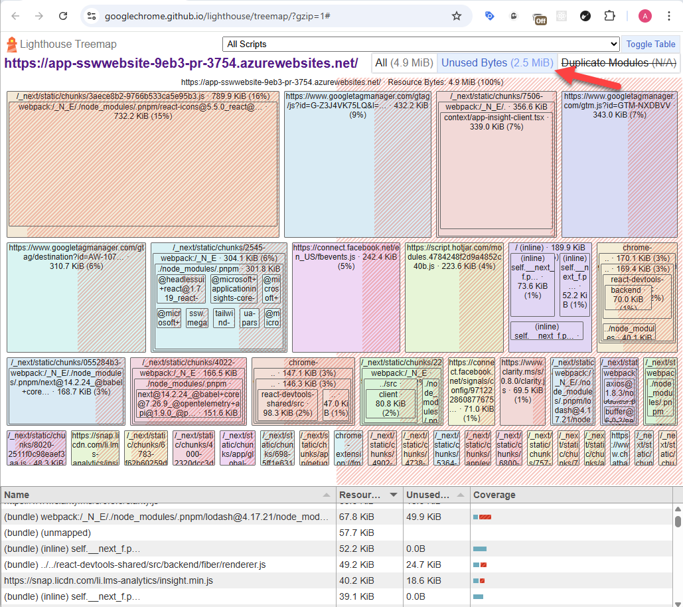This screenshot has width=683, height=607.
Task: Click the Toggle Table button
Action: tap(650, 44)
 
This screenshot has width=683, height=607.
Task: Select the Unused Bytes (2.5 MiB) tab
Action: tap(497, 63)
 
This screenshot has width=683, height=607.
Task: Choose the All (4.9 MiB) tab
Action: tap(404, 63)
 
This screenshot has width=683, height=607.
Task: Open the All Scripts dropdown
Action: tap(421, 44)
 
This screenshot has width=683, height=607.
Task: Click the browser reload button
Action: tap(63, 16)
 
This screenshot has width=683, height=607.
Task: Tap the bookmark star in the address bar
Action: tap(457, 16)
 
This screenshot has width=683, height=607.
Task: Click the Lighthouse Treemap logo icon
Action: tap(11, 44)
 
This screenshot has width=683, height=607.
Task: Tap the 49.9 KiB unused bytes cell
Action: tap(424, 517)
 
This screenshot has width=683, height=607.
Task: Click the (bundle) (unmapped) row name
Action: tap(47, 533)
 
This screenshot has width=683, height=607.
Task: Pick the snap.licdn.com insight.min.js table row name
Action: tap(108, 580)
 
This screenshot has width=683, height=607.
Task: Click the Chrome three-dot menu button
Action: tap(668, 16)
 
